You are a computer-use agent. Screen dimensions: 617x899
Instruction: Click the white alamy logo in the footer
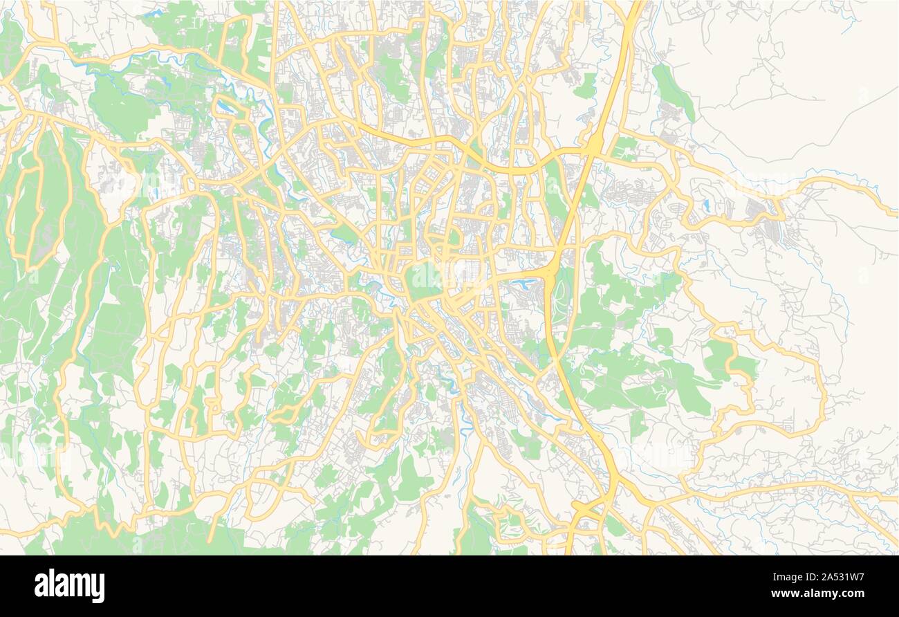tap(69, 586)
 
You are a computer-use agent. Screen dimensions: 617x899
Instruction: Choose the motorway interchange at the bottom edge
tap(588, 510)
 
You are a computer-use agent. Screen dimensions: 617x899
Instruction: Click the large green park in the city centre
tap(423, 280)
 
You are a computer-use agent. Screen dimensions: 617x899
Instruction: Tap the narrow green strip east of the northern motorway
tap(672, 90)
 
